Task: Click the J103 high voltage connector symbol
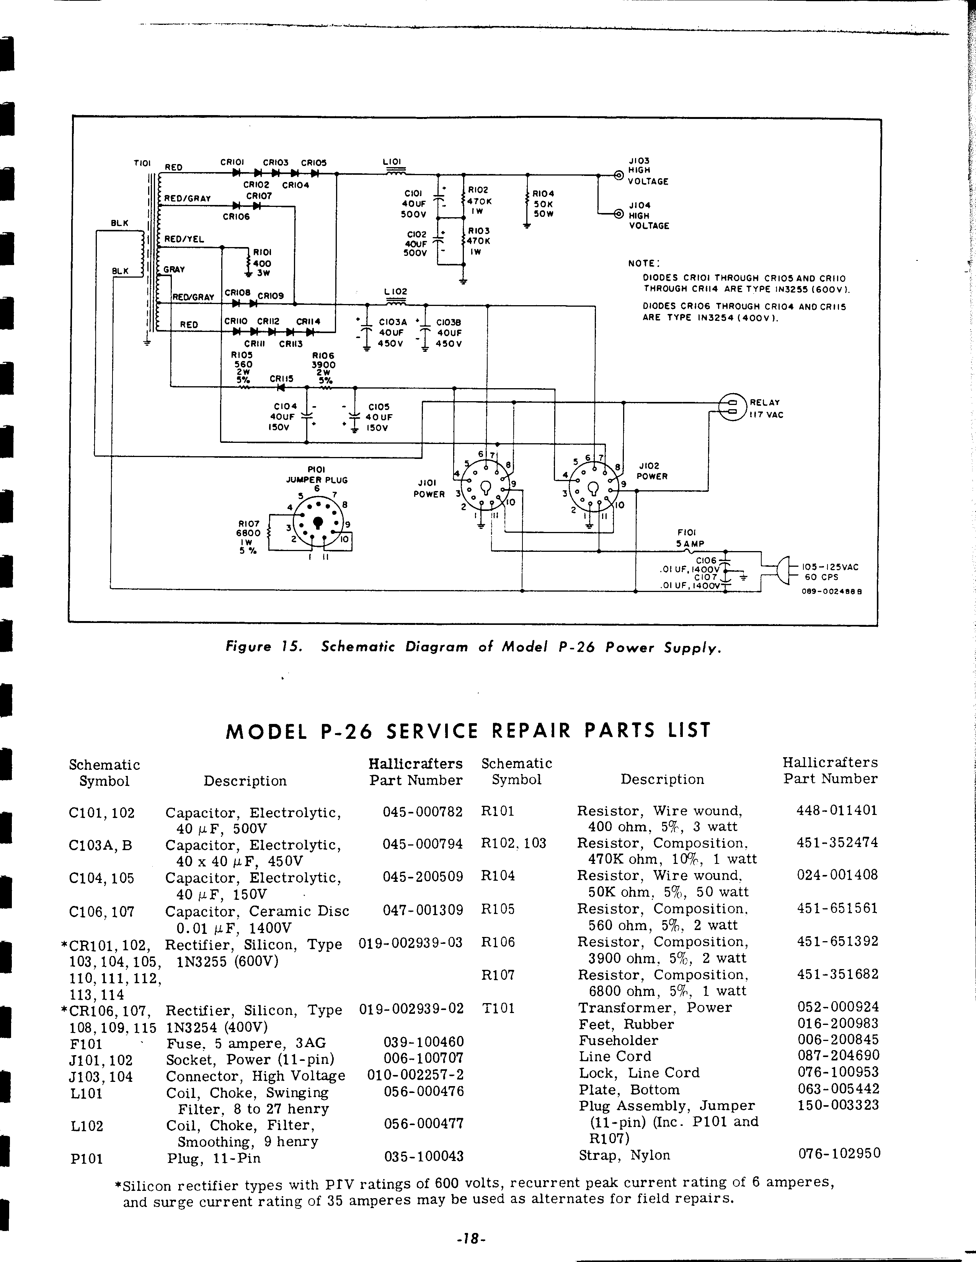pos(618,174)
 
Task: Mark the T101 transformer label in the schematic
pos(142,164)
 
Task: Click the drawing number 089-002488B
pos(831,591)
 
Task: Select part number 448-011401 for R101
pos(837,810)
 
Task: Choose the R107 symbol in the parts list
pos(497,975)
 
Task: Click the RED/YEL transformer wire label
pos(184,239)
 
